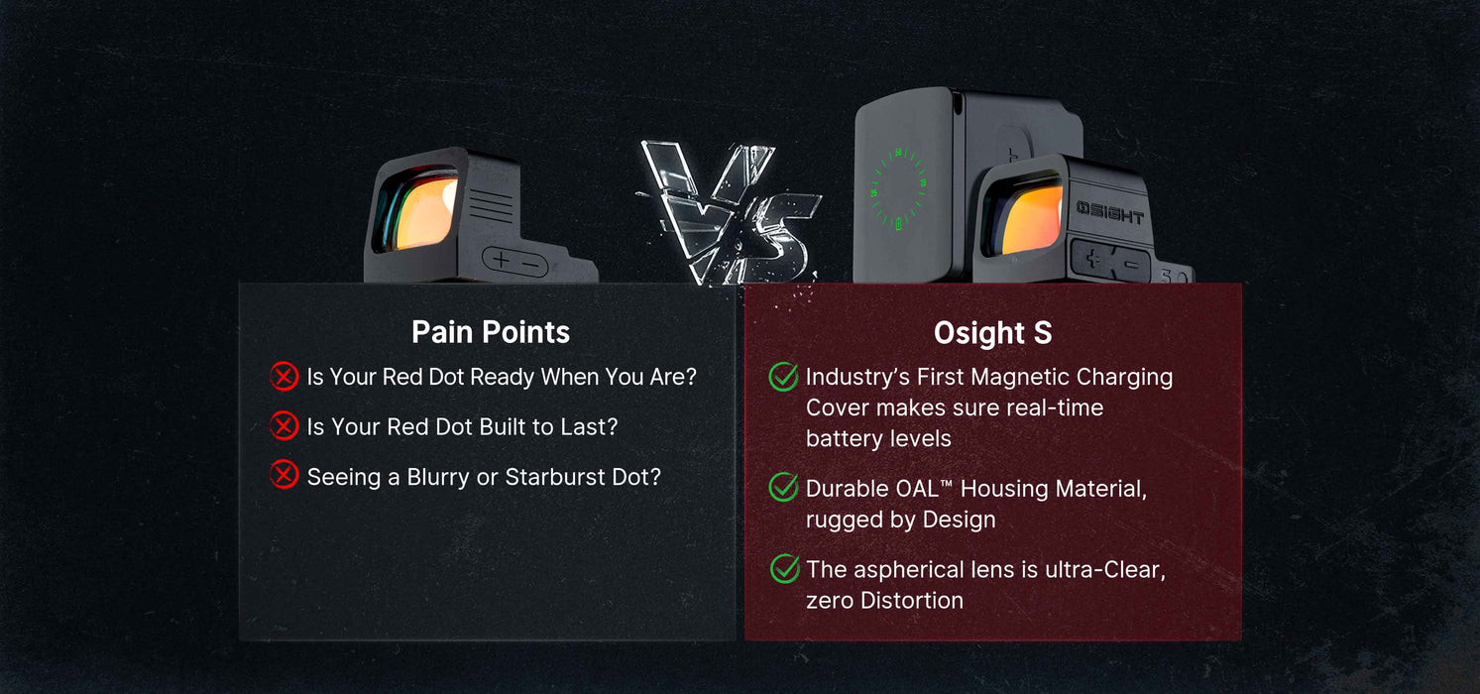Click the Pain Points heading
coord(491,332)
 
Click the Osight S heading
coord(992,333)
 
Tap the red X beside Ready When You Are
coord(285,376)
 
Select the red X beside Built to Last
coord(285,426)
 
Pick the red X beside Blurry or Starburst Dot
coord(285,475)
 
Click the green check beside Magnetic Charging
coord(783,377)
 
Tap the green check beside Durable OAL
coord(783,488)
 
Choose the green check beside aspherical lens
coord(785,568)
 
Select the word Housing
coord(1003,489)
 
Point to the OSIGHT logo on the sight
coord(1110,212)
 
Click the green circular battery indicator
coord(898,189)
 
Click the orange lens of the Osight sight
coord(1032,219)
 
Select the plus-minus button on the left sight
coord(515,262)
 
